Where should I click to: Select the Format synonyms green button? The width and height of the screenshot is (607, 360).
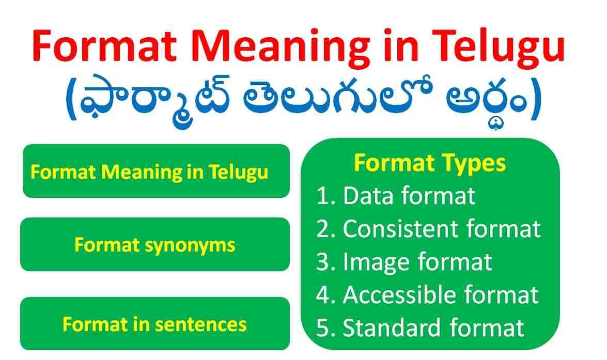pyautogui.click(x=155, y=244)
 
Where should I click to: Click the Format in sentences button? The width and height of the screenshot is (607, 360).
pyautogui.click(x=155, y=324)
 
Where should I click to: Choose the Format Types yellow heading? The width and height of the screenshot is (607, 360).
pyautogui.click(x=430, y=163)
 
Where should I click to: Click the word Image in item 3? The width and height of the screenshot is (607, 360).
pyautogui.click(x=377, y=262)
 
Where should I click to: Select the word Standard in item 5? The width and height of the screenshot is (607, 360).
pyautogui.click(x=392, y=328)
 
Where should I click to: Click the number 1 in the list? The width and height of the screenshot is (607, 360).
pyautogui.click(x=322, y=196)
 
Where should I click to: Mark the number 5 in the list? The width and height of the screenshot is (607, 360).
pyautogui.click(x=322, y=328)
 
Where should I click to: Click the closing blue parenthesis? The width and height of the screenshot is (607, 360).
pyautogui.click(x=535, y=99)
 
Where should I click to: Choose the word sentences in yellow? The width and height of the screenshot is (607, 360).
pyautogui.click(x=200, y=324)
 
